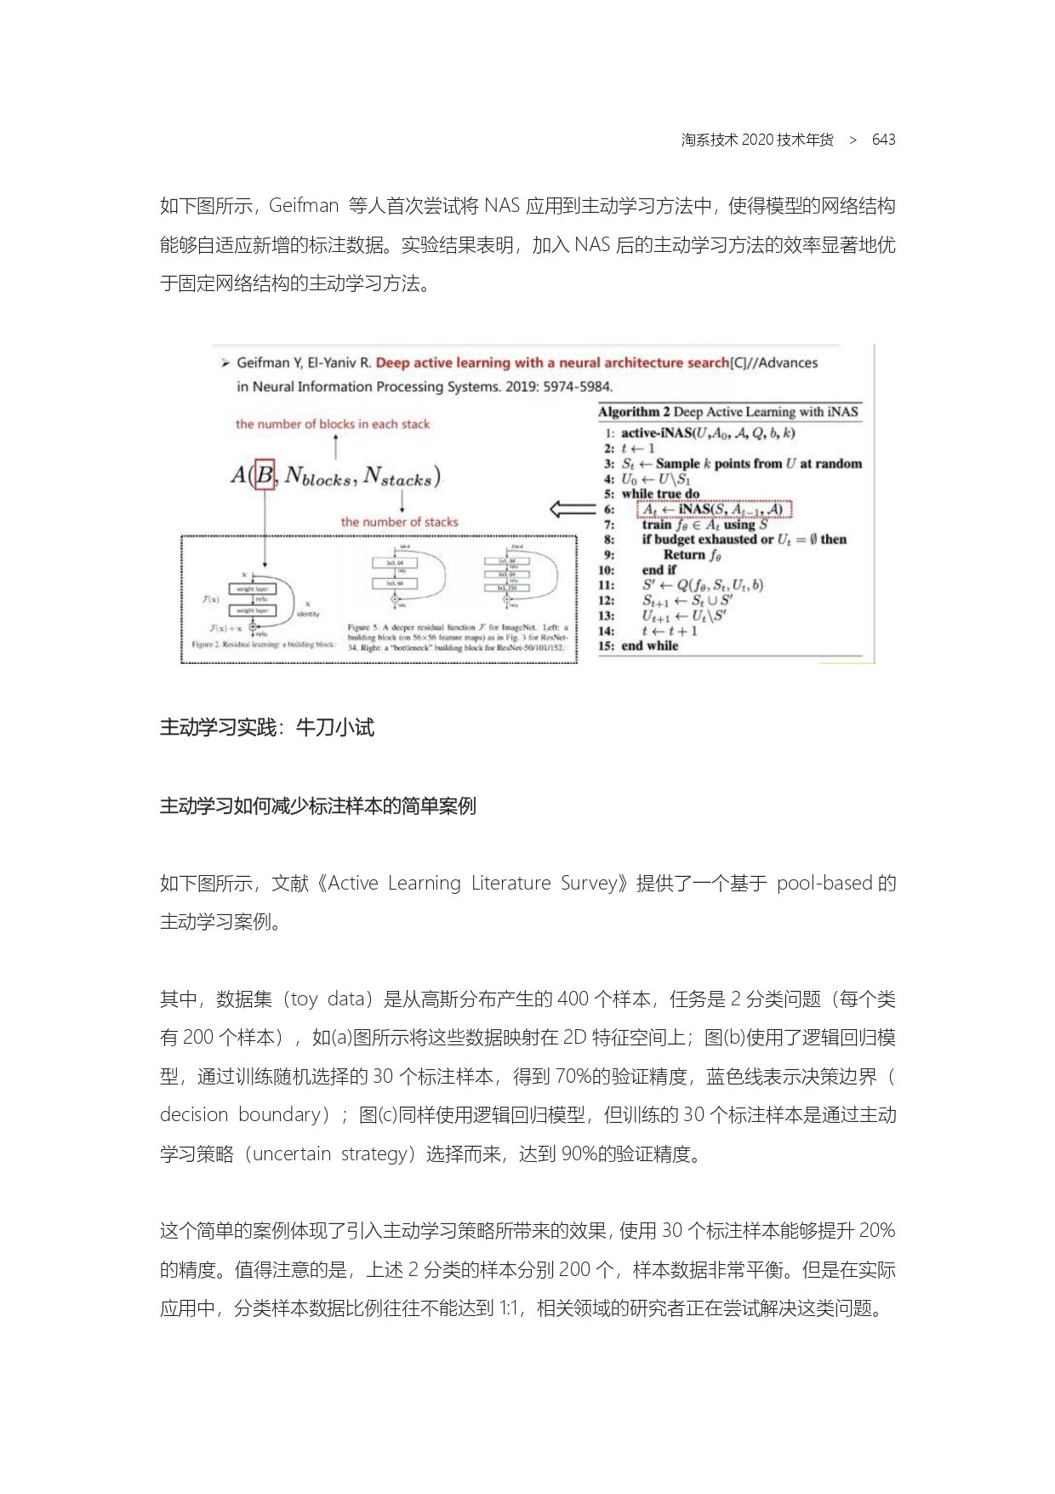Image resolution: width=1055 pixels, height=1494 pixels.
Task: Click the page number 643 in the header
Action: point(883,140)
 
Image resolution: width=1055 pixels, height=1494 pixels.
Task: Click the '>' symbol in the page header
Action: point(853,140)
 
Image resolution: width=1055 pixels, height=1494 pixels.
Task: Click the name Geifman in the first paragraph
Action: point(304,206)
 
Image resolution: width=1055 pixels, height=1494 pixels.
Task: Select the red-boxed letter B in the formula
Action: point(265,475)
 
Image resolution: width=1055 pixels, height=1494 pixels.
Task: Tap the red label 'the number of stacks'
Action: point(399,522)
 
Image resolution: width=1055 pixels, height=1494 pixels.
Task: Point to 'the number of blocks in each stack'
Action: point(333,424)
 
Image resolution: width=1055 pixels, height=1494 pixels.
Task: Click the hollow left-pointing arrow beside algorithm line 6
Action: point(572,509)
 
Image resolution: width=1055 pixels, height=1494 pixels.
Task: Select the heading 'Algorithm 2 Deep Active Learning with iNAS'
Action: point(728,412)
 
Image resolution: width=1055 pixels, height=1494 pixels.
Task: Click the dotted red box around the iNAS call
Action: point(714,509)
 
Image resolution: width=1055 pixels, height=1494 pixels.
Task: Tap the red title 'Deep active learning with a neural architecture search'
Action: point(552,363)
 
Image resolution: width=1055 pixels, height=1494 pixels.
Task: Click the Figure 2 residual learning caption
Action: point(263,644)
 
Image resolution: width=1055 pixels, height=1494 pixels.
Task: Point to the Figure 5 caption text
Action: point(457,638)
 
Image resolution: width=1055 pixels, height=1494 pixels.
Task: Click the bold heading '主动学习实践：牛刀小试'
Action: point(267,727)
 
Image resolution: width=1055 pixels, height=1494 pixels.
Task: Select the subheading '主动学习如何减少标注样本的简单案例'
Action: point(317,805)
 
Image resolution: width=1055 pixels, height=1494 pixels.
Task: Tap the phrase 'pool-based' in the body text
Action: point(824,883)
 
